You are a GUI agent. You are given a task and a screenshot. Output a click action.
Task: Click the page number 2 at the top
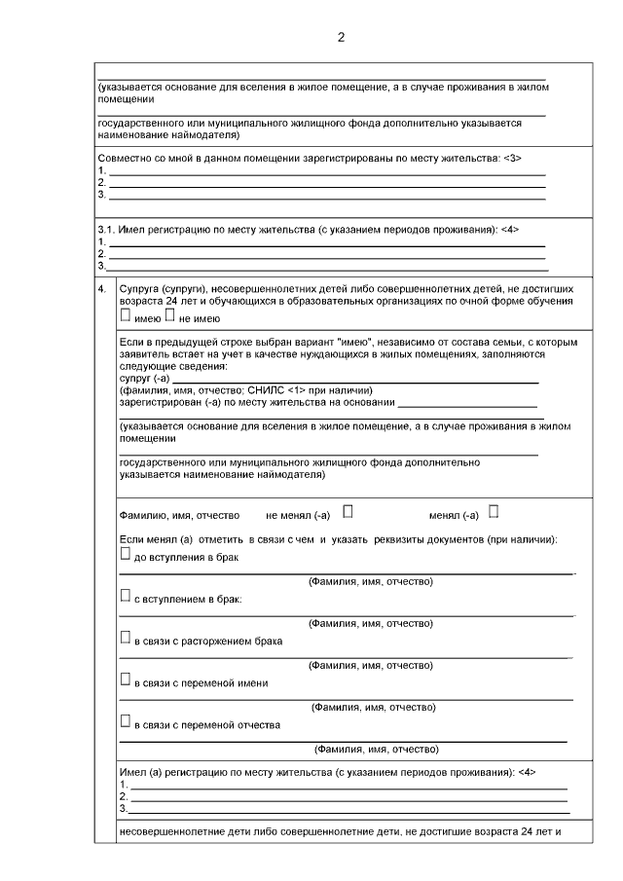pyautogui.click(x=340, y=38)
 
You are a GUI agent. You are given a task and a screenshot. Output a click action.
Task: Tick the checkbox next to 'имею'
pyautogui.click(x=125, y=315)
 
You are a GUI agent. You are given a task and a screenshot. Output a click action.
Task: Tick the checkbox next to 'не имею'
pyautogui.click(x=170, y=315)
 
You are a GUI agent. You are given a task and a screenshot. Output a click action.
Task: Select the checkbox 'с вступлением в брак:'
pyautogui.click(x=125, y=597)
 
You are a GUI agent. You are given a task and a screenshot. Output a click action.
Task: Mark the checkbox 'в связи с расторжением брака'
pyautogui.click(x=125, y=639)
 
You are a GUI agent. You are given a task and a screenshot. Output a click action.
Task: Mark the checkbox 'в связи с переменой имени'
pyautogui.click(x=125, y=680)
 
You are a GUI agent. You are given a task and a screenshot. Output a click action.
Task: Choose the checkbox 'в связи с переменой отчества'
pyautogui.click(x=125, y=722)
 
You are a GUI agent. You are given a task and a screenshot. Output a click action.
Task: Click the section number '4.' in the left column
pyautogui.click(x=102, y=290)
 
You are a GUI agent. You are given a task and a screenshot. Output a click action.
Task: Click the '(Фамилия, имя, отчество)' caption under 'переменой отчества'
pyautogui.click(x=376, y=750)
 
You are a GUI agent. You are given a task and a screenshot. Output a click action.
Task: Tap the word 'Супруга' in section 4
pyautogui.click(x=140, y=290)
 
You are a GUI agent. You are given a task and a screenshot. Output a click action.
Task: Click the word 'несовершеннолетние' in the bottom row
pyautogui.click(x=167, y=833)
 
